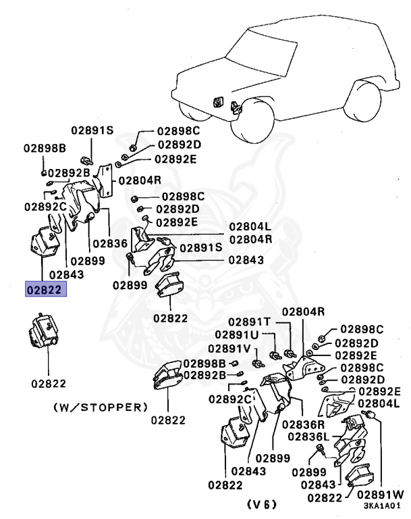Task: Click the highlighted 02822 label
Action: pos(46,289)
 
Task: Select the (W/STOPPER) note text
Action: pos(101,407)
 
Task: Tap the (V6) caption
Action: pos(262,504)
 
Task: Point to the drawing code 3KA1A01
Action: pos(382,505)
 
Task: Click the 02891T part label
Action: pos(249,322)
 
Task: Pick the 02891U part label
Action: pos(236,335)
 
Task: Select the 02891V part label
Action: pos(229,349)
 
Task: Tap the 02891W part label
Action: pos(380,495)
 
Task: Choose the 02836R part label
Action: pos(303,424)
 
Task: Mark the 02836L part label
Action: pos(308,437)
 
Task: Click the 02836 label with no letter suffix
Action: pos(110,243)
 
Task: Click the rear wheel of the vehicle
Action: pos(362,101)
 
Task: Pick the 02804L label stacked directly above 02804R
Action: pos(250,226)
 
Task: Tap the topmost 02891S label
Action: pos(92,130)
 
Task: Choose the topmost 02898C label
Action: pos(179,131)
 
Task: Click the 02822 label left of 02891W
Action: pos(325,498)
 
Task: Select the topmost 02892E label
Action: pos(175,159)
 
